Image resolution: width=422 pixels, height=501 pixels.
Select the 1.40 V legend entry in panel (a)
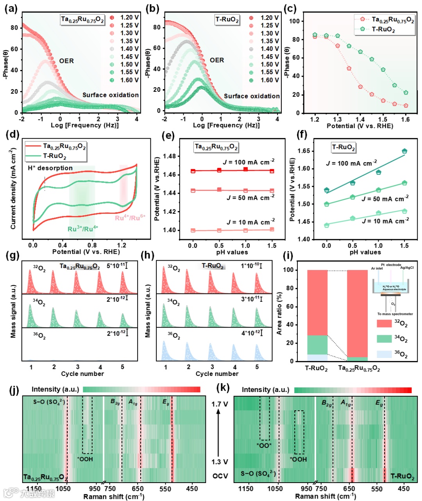[129, 49]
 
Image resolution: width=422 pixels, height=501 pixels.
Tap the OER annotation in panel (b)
[217, 60]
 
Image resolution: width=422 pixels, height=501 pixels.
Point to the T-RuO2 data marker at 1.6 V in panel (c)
[406, 93]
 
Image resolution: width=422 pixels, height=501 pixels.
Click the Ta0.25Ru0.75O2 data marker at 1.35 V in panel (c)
[349, 68]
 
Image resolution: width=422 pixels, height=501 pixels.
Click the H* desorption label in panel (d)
[50, 168]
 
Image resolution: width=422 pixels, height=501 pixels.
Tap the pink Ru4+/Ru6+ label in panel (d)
[130, 218]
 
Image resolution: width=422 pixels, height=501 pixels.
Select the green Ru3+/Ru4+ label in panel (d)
[83, 229]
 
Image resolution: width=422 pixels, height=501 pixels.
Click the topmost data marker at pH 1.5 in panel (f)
[404, 151]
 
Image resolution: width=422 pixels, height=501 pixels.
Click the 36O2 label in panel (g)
[39, 335]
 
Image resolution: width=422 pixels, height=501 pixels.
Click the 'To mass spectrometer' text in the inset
[395, 314]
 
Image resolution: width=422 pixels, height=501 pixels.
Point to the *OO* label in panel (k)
[264, 445]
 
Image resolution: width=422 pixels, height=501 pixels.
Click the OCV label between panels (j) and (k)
[220, 476]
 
